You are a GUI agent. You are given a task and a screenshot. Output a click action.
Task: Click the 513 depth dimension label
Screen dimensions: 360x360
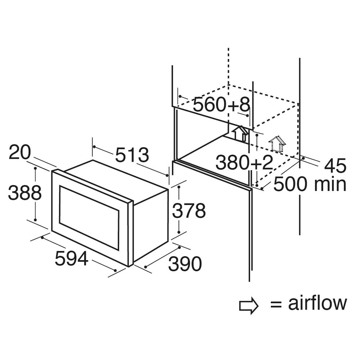[x=132, y=155]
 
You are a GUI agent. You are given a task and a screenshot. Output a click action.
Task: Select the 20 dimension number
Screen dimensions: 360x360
[x=19, y=152]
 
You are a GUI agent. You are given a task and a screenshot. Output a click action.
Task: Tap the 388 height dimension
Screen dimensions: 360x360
[x=25, y=192]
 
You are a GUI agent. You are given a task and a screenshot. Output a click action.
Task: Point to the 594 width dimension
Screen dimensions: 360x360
[x=71, y=258]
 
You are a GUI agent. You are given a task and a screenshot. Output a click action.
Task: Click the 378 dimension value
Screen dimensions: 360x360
[x=189, y=211]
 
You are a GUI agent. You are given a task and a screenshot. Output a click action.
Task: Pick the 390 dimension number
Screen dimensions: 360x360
[x=185, y=264]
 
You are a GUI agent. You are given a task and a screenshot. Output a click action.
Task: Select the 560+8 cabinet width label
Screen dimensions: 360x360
[x=221, y=105]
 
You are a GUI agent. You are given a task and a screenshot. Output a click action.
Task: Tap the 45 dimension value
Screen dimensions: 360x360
[x=335, y=166]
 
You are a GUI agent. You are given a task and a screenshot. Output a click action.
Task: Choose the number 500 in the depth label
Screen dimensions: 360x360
[x=290, y=184]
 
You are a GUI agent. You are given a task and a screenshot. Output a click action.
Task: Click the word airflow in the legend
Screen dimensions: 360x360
[x=318, y=303]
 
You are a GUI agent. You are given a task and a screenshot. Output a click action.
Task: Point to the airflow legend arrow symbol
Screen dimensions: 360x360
[x=249, y=306]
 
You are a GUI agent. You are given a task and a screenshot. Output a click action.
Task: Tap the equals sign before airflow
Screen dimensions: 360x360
[x=276, y=305]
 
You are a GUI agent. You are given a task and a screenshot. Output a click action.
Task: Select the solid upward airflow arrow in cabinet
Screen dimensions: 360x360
[x=240, y=134]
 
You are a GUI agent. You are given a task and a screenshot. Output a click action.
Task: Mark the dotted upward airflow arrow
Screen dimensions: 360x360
[x=277, y=144]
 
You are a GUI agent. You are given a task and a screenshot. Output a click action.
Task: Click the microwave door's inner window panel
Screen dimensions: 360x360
[x=89, y=218]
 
